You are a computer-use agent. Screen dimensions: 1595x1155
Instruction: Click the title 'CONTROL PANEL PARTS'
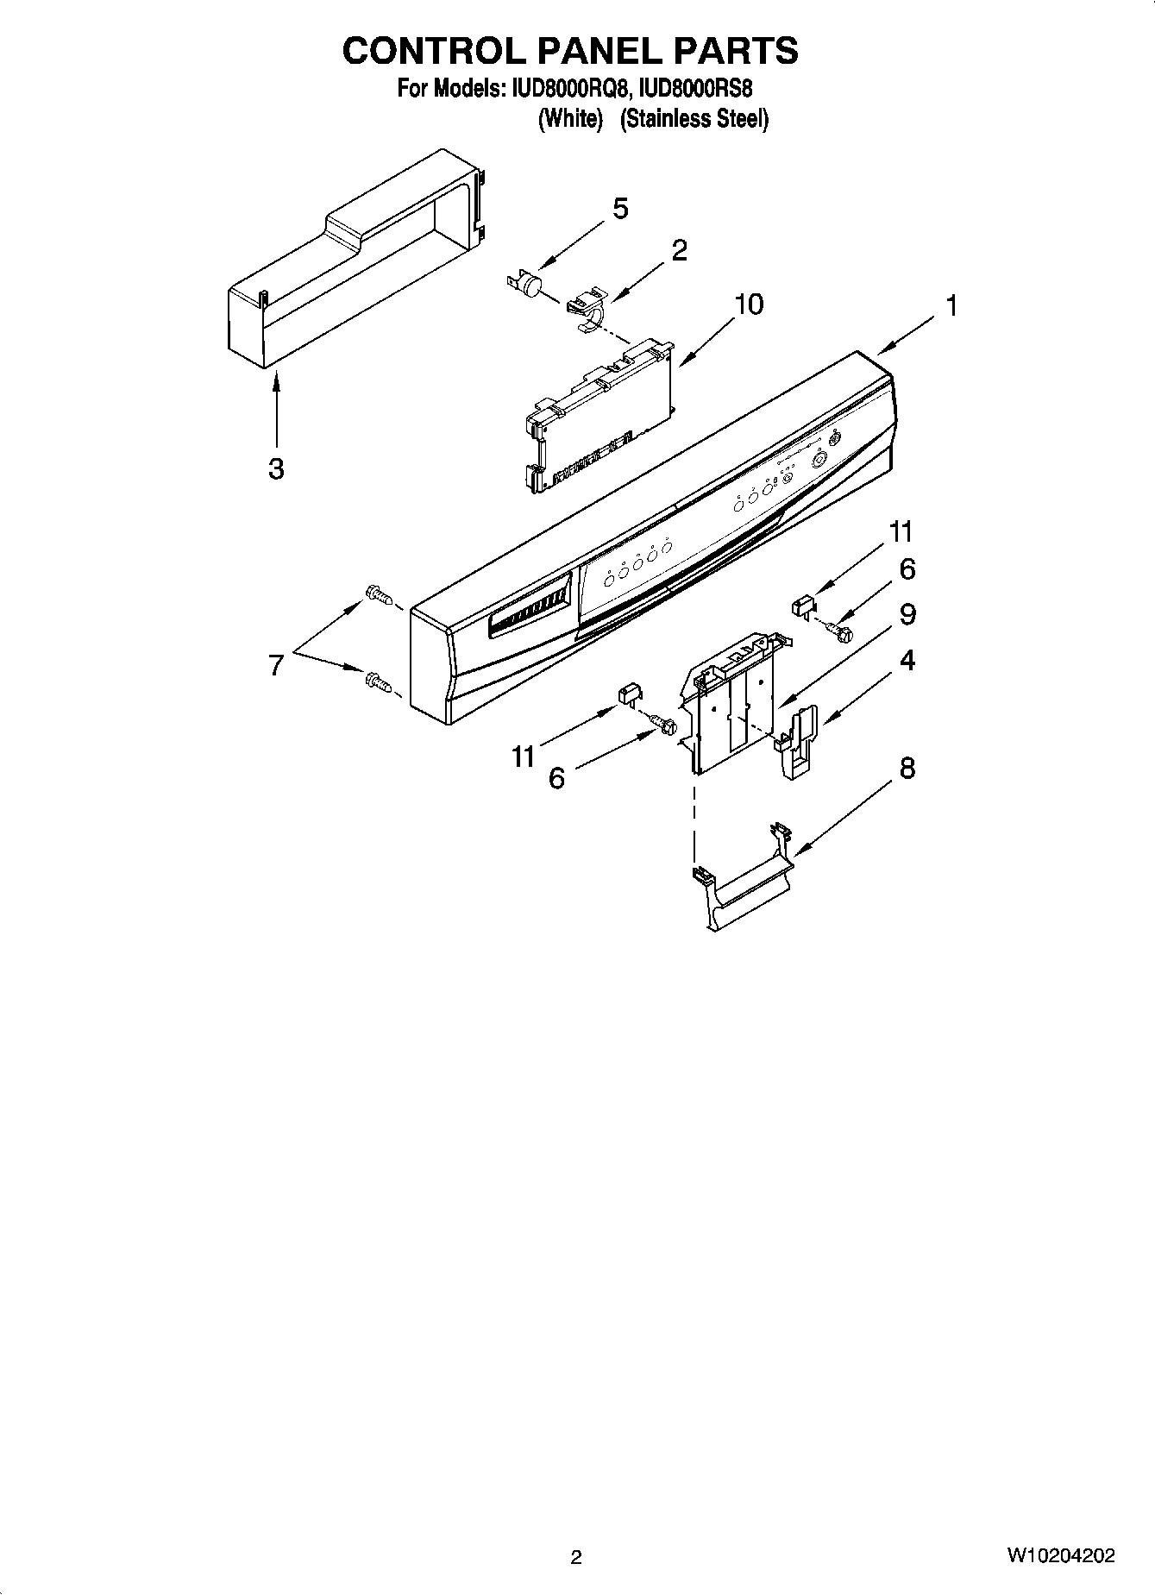570,51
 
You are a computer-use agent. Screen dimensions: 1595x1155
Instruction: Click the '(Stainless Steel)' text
694,119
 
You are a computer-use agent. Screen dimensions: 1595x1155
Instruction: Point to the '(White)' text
569,119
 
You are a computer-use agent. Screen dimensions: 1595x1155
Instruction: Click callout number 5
619,209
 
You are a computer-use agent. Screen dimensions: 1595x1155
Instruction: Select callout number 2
679,251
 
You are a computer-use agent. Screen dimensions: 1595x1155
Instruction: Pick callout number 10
749,305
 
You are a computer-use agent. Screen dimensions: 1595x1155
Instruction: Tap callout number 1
951,306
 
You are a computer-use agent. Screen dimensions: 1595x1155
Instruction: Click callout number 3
276,469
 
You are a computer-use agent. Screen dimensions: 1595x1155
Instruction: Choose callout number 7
275,665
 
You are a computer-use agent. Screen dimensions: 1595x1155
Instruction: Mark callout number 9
907,614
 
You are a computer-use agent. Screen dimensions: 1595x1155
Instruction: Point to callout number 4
907,661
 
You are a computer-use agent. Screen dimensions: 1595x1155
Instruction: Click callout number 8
907,768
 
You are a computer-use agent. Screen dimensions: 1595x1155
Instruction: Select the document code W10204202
1060,1556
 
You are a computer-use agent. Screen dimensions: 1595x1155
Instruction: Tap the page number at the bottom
576,1557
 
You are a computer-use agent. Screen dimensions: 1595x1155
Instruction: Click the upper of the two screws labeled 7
378,594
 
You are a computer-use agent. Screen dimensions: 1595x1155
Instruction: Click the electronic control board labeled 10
599,415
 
